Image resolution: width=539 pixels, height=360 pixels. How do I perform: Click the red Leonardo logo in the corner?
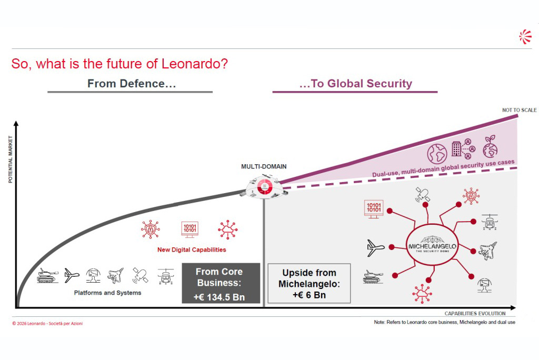525,36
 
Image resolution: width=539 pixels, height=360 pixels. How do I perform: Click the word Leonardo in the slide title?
194,64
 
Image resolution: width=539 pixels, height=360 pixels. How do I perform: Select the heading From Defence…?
132,83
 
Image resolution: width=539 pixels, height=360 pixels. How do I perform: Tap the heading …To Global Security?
355,83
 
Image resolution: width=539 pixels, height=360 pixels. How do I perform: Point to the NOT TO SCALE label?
519,110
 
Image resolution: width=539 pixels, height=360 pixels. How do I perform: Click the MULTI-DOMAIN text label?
264,167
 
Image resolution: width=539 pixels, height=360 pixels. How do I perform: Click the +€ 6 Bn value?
309,295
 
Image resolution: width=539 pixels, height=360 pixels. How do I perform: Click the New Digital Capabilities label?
192,249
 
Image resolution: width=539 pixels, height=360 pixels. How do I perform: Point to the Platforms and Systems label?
107,293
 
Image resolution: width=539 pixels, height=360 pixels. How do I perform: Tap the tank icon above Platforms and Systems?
47,275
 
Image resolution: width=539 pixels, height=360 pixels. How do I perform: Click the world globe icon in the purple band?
437,153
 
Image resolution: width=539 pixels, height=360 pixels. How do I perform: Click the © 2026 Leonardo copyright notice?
47,323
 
